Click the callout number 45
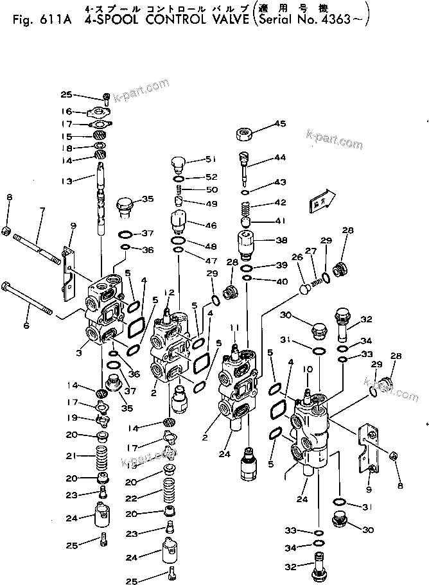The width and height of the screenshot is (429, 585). point(280,124)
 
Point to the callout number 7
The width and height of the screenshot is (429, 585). point(42,210)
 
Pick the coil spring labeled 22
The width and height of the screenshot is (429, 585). point(168,496)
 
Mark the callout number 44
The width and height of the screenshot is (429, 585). point(280,157)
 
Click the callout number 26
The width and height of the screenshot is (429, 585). point(297,258)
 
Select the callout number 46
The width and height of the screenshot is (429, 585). point(211,226)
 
